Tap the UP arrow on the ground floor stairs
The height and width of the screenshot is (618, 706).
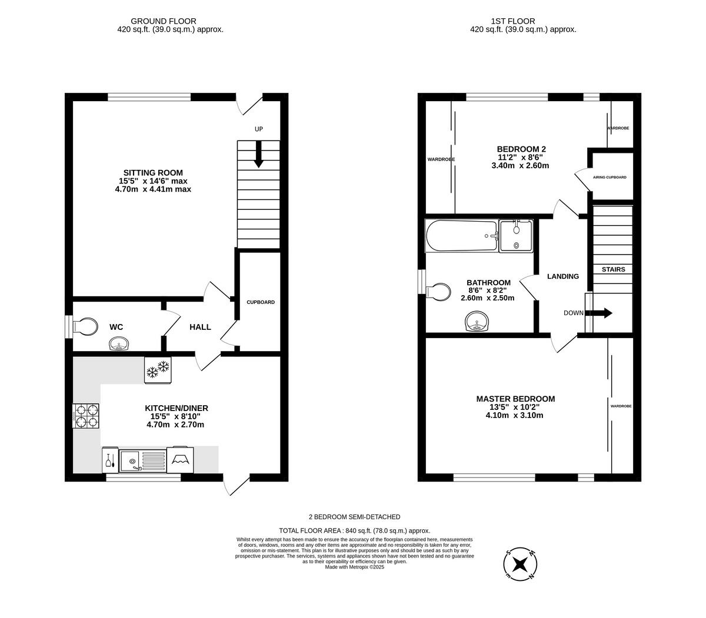click(x=258, y=155)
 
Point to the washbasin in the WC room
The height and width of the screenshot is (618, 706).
click(x=119, y=344)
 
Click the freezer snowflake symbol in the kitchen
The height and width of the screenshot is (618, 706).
click(x=158, y=370)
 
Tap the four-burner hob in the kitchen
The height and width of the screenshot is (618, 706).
click(x=86, y=415)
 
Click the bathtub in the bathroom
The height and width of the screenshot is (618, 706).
click(x=462, y=236)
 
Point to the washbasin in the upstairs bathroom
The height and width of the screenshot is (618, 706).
click(x=477, y=322)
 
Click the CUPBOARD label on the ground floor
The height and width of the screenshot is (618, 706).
click(x=260, y=302)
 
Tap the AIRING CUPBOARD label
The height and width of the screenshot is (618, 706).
click(x=610, y=177)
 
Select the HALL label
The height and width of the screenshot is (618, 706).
click(x=200, y=327)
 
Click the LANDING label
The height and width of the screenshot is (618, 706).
click(x=563, y=276)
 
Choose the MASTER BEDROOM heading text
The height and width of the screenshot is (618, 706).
click(x=515, y=399)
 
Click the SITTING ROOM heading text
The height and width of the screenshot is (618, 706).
click(x=153, y=173)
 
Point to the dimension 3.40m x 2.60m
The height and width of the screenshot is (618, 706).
click(x=519, y=165)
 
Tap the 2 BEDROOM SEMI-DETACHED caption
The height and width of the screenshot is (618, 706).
click(x=354, y=517)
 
